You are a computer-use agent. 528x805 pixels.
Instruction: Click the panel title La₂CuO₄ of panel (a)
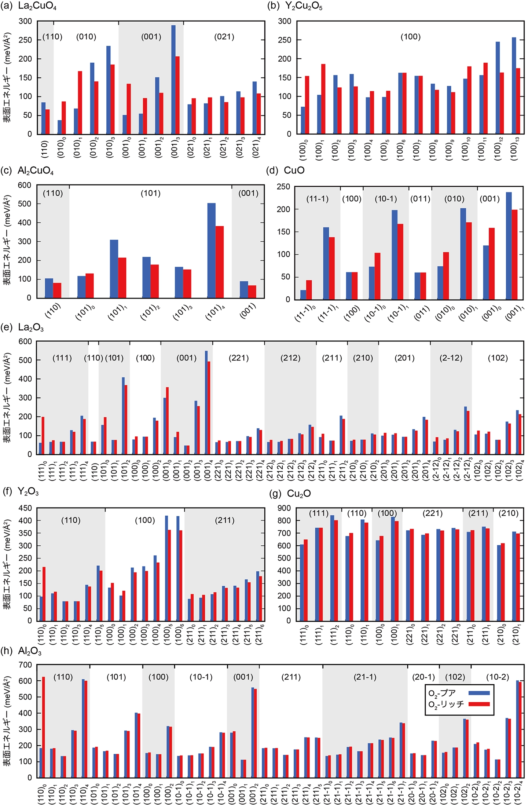pos(37,6)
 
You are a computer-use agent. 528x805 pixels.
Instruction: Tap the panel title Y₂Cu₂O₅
pos(304,6)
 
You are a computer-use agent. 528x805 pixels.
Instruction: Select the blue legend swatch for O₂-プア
pos(479,693)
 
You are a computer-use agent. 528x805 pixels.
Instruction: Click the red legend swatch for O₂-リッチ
pos(479,704)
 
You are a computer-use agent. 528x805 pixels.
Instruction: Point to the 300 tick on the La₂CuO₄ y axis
pos(25,21)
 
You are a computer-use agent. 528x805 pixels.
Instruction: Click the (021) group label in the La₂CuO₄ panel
pos(224,37)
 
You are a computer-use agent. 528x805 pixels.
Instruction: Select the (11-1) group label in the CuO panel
pos(318,199)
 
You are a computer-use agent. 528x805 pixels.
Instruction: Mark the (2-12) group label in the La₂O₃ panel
pos(451,358)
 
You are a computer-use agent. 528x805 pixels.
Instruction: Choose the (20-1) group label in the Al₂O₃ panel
pos(423,677)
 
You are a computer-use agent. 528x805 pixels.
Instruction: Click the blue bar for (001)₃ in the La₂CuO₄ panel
pos(173,80)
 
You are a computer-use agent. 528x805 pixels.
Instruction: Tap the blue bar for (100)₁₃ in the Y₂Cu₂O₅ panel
pos(514,85)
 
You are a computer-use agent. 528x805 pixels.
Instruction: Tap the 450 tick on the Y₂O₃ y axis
pos(25,508)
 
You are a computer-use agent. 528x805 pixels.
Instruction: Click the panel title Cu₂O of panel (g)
pos(299,494)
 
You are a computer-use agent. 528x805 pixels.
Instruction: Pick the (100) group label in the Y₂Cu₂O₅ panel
pos(410,37)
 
